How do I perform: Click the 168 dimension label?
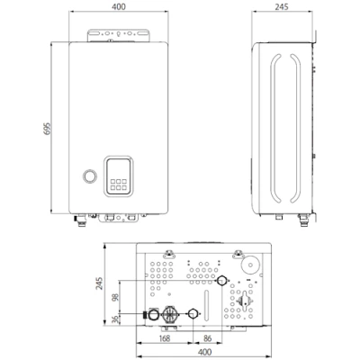pyautogui.click(x=164, y=338)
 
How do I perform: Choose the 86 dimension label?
pyautogui.click(x=207, y=338)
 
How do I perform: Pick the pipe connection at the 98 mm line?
pyautogui.click(x=222, y=281)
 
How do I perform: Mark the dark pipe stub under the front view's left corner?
pyautogui.click(x=76, y=218)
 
